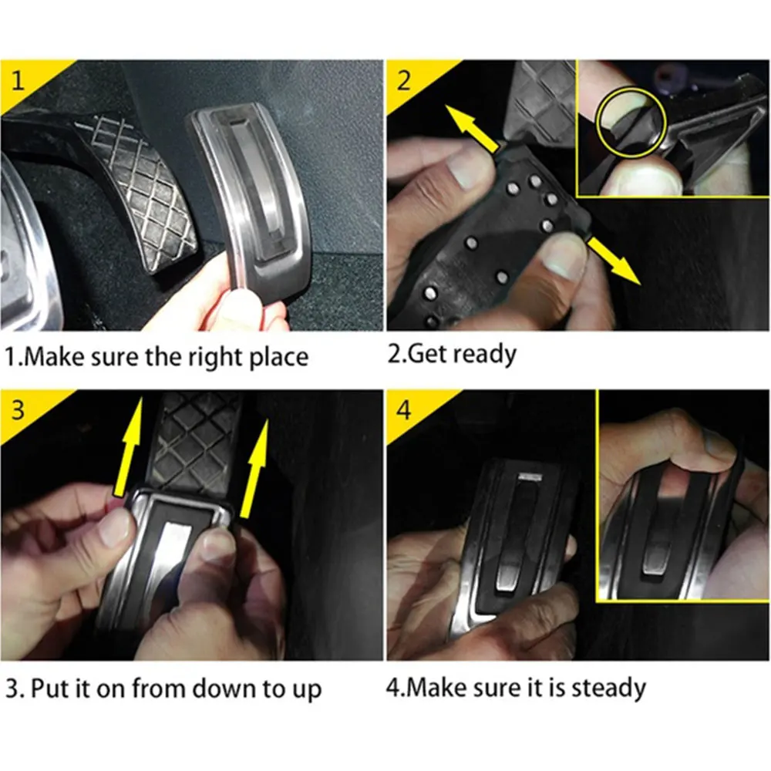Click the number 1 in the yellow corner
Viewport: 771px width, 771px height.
pos(19,81)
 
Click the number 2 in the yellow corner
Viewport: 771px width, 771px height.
pos(403,80)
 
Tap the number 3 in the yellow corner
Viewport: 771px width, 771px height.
pos(18,409)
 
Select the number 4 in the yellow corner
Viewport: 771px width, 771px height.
pos(404,409)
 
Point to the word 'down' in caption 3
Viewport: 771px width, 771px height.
pos(224,689)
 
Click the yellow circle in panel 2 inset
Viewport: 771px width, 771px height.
pos(631,122)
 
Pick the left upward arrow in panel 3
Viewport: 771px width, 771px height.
pos(129,446)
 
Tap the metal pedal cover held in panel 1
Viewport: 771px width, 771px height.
pos(248,201)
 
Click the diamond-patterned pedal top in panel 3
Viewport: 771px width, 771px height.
pos(194,443)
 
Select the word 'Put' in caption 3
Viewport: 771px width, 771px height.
pos(48,689)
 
